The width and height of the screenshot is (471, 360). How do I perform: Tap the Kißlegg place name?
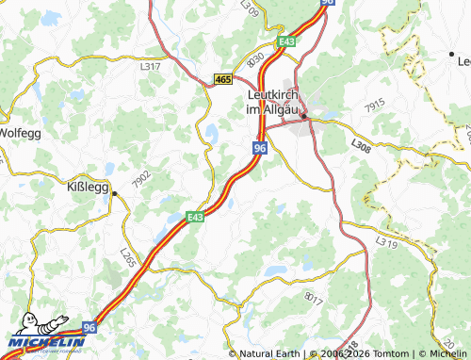tap(88, 185)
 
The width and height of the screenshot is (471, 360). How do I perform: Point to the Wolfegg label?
tap(20, 132)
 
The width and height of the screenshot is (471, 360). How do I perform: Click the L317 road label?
tap(151, 66)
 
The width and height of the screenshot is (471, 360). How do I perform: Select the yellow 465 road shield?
tap(222, 81)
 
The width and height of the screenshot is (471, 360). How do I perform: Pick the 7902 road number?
tap(142, 178)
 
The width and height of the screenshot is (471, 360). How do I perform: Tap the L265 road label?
tap(127, 255)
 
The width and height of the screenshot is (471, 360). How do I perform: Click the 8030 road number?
tap(254, 57)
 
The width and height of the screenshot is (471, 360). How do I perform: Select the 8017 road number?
tap(314, 298)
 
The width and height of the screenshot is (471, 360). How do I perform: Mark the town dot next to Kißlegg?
tap(114, 193)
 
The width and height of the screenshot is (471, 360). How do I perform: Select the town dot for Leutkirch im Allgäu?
tap(304, 116)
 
